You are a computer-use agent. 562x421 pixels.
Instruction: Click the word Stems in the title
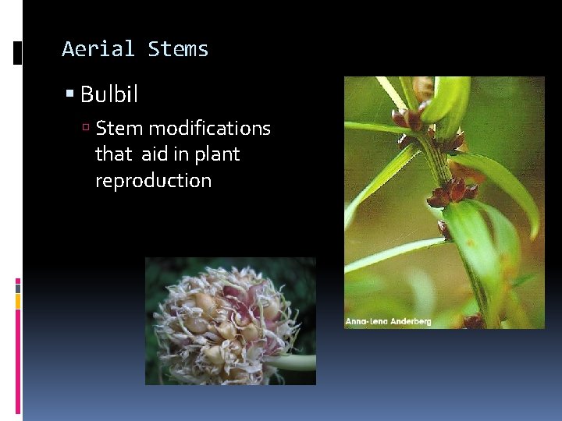point(178,49)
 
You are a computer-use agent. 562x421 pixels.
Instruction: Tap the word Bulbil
point(109,95)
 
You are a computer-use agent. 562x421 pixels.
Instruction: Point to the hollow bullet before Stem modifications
point(88,129)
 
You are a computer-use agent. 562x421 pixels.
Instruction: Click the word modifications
point(210,128)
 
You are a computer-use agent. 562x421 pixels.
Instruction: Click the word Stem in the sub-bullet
point(119,128)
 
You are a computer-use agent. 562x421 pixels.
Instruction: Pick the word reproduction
point(153,181)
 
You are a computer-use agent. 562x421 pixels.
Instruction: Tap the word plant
point(217,154)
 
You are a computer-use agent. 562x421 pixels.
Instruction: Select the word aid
point(155,154)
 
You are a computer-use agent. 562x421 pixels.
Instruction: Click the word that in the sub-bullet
point(114,154)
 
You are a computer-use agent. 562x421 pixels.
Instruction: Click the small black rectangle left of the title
point(18,52)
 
